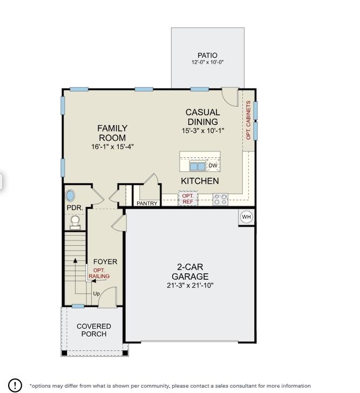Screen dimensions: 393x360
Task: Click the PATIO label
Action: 207,56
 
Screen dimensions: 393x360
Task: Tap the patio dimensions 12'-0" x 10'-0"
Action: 207,63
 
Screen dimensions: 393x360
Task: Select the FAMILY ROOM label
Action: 112,133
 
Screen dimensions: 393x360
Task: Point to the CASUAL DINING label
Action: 203,117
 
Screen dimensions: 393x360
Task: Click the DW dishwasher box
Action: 213,166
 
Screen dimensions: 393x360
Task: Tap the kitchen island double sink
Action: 197,167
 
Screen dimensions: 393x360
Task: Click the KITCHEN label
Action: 200,181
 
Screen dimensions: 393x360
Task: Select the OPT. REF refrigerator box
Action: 187,198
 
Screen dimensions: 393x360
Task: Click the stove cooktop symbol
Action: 220,199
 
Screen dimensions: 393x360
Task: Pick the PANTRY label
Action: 147,204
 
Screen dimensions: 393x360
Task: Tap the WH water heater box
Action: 247,217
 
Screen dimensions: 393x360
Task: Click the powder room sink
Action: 71,195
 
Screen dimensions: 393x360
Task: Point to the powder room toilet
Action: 75,222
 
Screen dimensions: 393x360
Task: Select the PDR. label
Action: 74,208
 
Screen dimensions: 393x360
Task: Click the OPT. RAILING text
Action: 99,273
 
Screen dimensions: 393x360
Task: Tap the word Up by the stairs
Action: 97,294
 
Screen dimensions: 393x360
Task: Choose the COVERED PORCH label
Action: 94,330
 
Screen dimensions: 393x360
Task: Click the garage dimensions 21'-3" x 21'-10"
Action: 190,285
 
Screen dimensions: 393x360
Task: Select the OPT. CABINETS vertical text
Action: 248,120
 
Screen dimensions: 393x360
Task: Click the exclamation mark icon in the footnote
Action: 15,385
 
